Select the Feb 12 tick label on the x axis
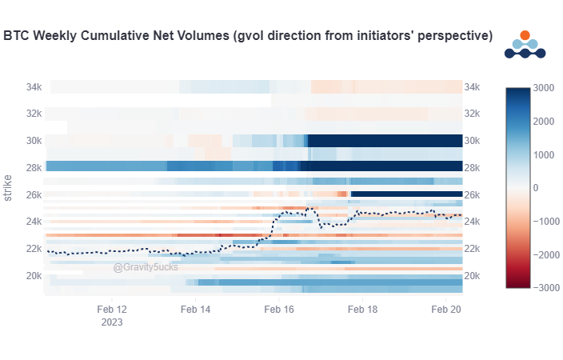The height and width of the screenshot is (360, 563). [x=112, y=309]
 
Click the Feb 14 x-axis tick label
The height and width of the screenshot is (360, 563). [x=195, y=309]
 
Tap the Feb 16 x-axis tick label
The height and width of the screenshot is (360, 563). [x=279, y=309]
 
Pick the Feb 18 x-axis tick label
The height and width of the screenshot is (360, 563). [x=362, y=309]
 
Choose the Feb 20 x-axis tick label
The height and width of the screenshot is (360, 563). [x=445, y=309]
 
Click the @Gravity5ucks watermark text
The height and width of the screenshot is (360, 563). [x=146, y=267]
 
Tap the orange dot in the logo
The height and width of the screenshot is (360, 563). [x=525, y=35]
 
